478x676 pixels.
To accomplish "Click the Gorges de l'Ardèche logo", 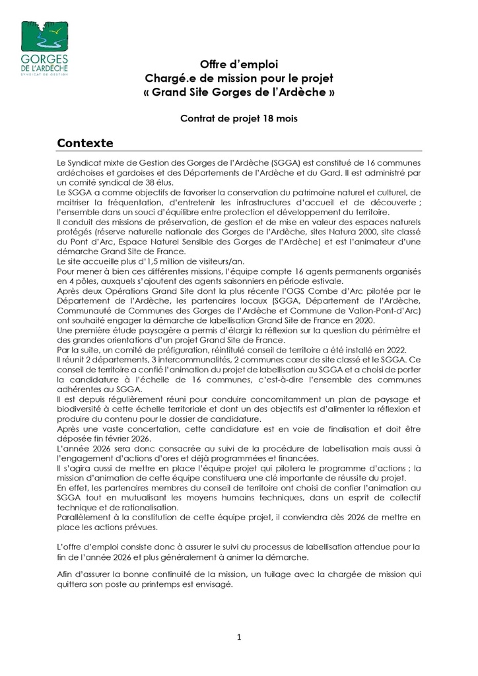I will pyautogui.click(x=44, y=49).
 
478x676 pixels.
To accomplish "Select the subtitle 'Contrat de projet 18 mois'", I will pyautogui.click(x=238, y=119).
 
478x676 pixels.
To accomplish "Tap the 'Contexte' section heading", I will pyautogui.click(x=85, y=143).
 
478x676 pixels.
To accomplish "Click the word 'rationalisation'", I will pyautogui.click(x=141, y=508).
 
